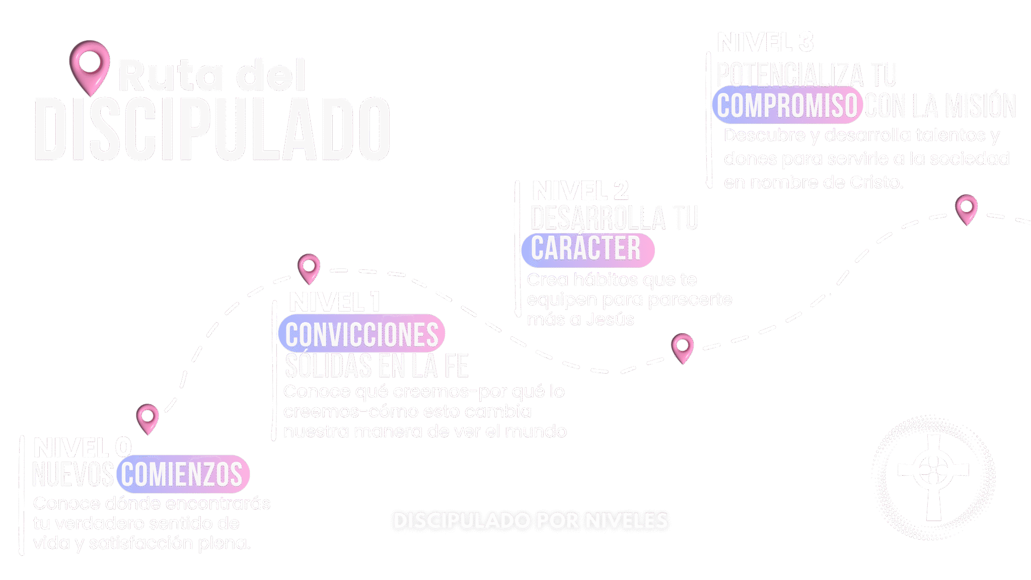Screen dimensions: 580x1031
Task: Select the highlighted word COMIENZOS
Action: pos(182,474)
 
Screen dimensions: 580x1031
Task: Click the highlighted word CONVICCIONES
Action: pos(361,334)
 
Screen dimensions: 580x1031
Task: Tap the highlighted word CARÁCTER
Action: pos(586,248)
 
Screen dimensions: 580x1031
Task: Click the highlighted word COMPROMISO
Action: pos(787,105)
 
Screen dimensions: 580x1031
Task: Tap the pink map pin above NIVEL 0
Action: pos(148,417)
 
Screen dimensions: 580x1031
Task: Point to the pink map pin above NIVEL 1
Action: pos(309,267)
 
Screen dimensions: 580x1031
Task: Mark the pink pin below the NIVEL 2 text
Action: pos(682,347)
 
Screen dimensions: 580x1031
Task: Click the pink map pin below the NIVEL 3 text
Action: pos(966,208)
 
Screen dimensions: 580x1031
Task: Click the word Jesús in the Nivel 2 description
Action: pos(610,319)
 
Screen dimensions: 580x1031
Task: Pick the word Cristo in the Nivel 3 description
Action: pos(876,182)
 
